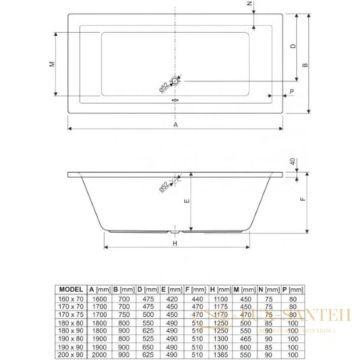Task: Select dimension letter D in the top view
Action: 294,47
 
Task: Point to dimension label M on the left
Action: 52,64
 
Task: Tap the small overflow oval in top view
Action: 176,101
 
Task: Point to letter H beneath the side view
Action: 174,243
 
